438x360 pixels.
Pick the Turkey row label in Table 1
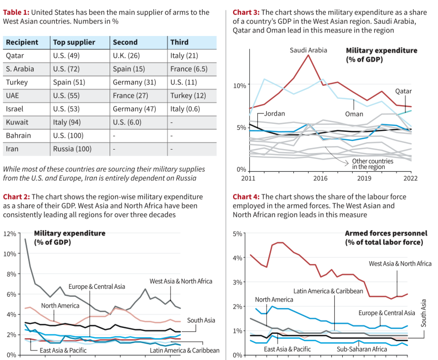(17, 82)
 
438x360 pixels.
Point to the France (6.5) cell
(187, 69)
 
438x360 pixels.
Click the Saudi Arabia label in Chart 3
(308, 50)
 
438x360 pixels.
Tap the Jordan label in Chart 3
(274, 114)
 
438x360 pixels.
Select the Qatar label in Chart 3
(403, 91)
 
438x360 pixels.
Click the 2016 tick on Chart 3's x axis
(320, 178)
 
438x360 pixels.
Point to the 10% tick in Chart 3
(239, 85)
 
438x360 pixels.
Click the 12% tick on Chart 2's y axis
(10, 234)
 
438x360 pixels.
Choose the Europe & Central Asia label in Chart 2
(97, 286)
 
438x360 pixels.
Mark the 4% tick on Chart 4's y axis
(237, 258)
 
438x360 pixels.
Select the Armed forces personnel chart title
(384, 238)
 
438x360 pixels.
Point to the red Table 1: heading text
(16, 12)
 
